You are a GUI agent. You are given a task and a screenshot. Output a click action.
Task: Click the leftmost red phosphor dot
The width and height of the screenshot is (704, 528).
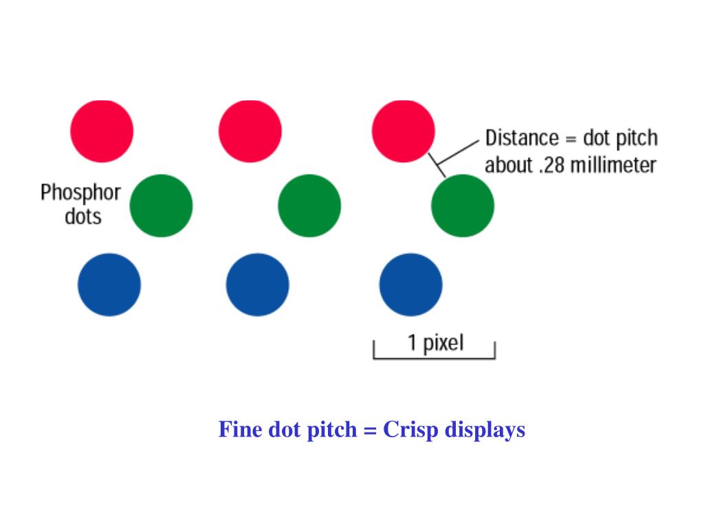click(x=102, y=131)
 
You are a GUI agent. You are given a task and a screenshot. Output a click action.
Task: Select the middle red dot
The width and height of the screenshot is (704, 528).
click(x=250, y=131)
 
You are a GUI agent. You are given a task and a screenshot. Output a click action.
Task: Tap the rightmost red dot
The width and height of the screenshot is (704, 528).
click(x=403, y=131)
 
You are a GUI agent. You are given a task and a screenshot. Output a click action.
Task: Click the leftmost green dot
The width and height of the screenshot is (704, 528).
click(x=161, y=206)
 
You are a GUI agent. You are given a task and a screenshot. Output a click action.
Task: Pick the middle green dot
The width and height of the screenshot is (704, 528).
click(x=309, y=206)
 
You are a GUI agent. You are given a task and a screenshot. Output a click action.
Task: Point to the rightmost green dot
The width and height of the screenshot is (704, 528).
click(x=462, y=206)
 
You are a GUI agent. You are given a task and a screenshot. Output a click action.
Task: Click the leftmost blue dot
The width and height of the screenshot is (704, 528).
click(x=109, y=284)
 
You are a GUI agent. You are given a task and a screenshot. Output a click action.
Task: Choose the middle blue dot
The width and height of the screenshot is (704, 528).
click(x=258, y=284)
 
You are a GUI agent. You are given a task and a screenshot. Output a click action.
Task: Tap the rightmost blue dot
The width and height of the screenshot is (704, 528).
click(x=410, y=284)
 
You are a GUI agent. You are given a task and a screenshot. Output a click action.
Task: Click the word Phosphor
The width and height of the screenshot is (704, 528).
click(x=80, y=192)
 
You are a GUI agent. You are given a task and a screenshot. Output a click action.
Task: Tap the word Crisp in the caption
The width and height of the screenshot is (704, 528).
click(x=411, y=430)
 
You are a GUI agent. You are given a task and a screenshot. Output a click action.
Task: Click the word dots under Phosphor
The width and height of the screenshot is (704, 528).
click(x=82, y=217)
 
